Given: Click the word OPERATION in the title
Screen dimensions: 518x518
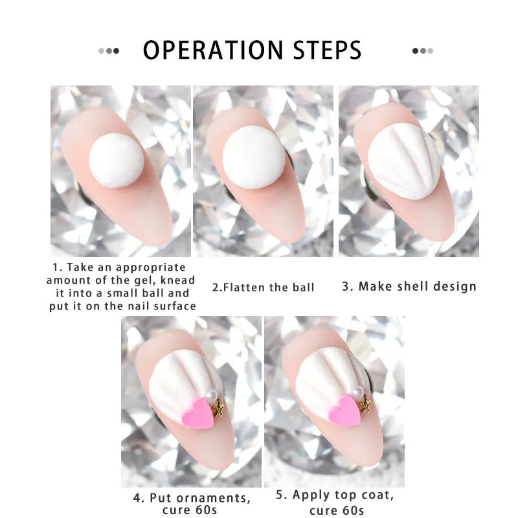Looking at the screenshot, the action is click(213, 51).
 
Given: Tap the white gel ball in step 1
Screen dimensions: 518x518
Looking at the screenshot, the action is click(117, 161).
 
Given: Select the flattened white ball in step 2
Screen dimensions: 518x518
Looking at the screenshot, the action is click(254, 157).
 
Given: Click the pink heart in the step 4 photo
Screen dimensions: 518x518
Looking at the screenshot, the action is click(198, 413).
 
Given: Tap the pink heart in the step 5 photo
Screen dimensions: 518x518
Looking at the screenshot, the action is click(344, 411).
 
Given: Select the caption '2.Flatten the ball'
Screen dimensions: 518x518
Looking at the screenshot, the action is click(264, 287).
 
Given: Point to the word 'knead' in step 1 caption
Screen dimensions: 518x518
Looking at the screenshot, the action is click(178, 280).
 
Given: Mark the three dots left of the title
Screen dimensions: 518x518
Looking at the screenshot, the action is click(109, 51).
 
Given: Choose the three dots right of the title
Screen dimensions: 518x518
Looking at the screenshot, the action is click(423, 51).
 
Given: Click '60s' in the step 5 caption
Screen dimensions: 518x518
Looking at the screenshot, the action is click(350, 510).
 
